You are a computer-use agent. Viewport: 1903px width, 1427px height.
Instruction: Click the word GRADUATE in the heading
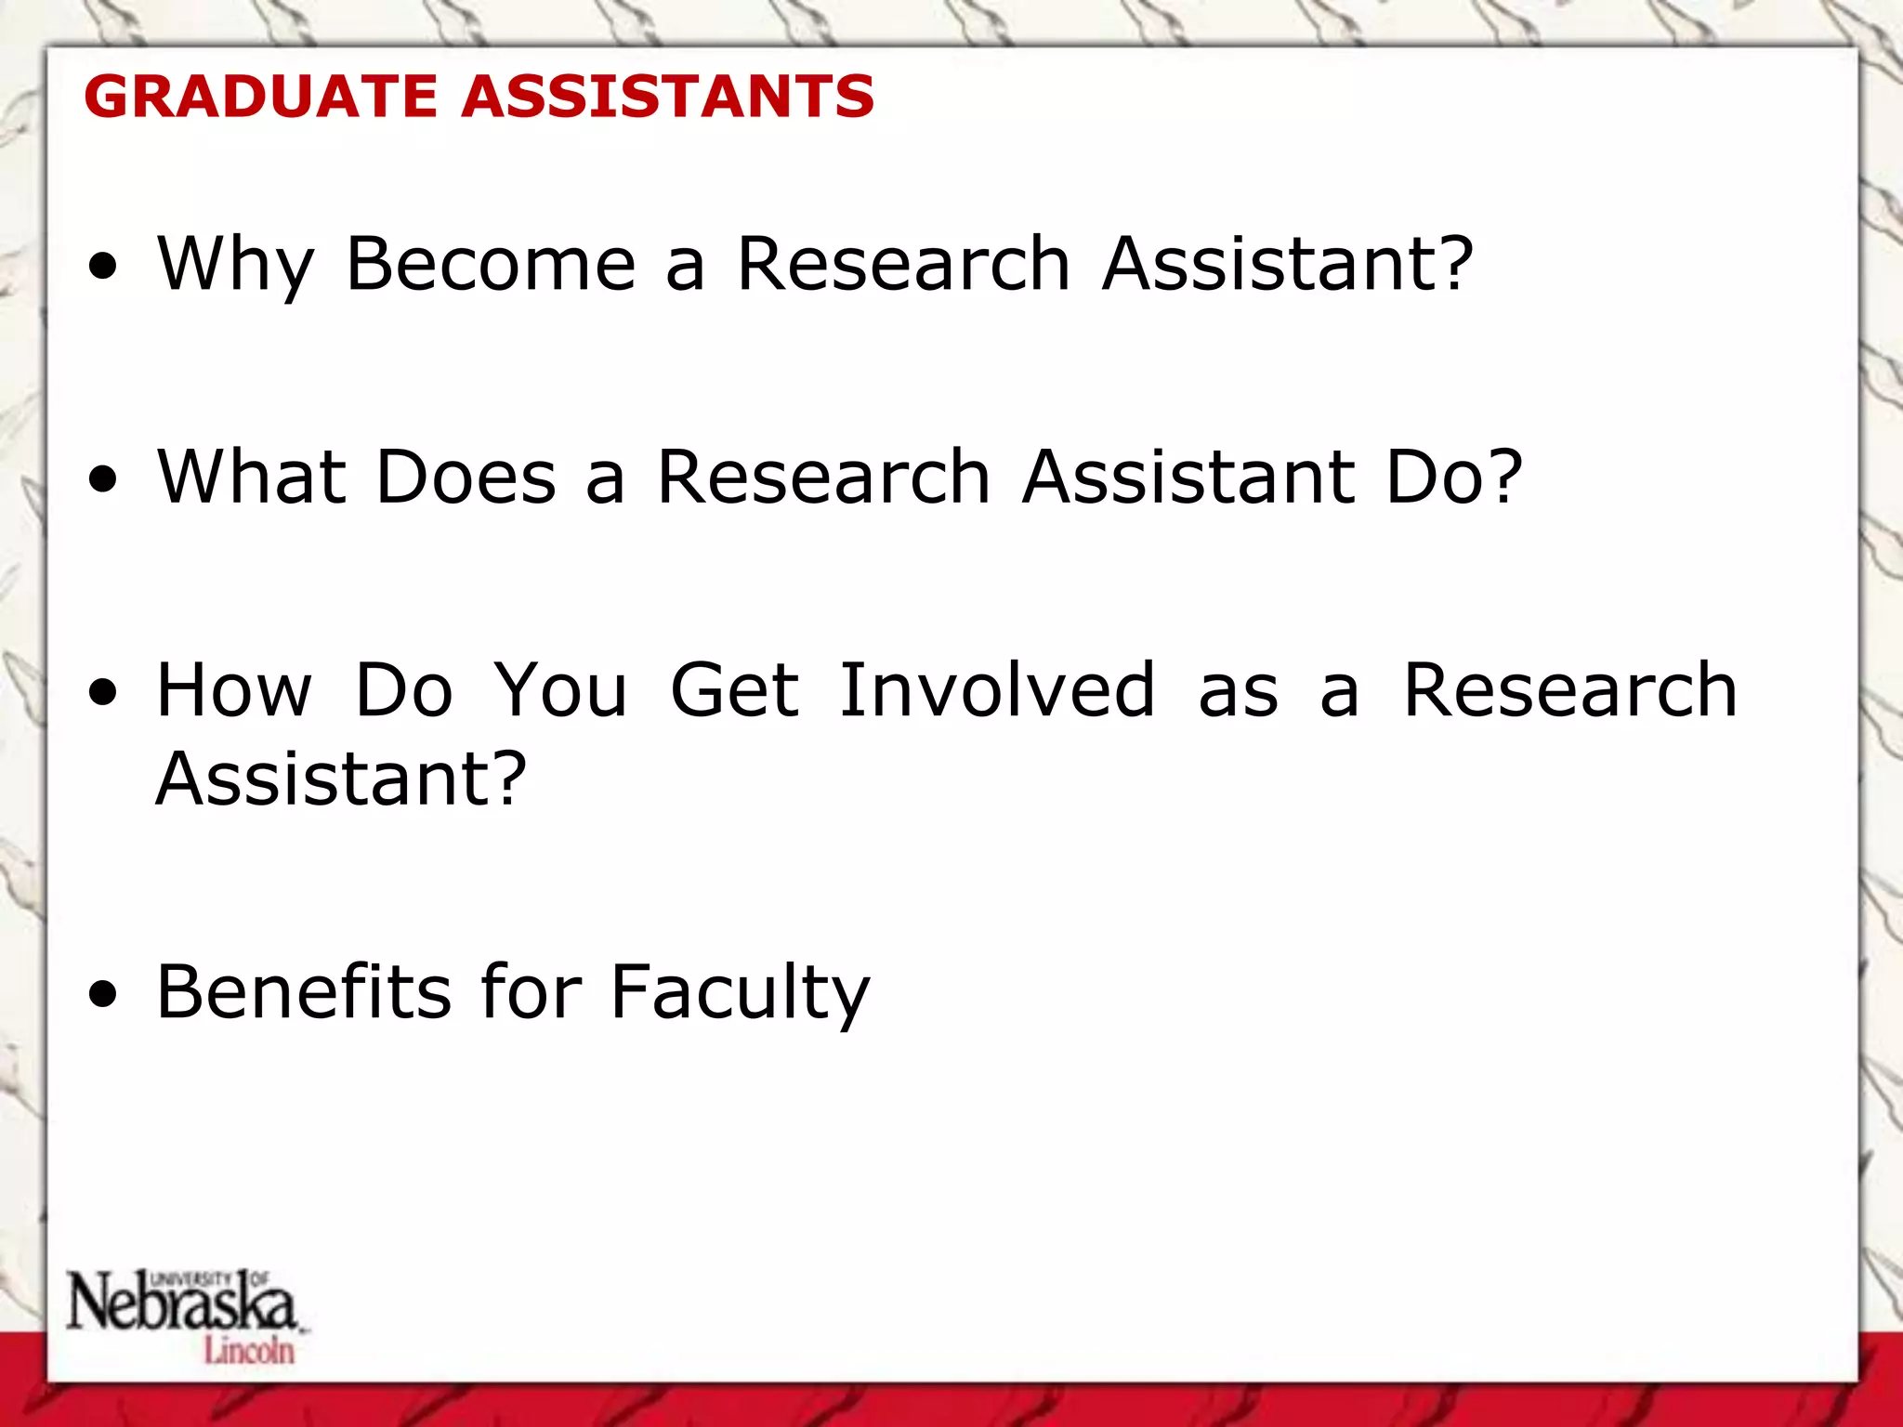pos(260,97)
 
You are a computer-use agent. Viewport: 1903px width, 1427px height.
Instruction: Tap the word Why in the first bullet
pos(236,265)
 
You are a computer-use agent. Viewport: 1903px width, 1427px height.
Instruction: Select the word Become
pos(491,265)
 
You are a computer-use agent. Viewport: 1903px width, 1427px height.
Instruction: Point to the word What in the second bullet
pos(250,478)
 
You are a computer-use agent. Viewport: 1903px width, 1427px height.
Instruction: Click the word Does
pos(466,478)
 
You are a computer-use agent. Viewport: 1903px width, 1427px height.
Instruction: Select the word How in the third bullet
pos(234,691)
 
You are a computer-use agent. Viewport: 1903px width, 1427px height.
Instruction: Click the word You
pos(560,691)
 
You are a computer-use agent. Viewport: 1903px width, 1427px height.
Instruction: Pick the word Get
pos(734,691)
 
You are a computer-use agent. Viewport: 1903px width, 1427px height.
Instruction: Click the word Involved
pos(997,691)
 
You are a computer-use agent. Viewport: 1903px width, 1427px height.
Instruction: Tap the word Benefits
pos(304,993)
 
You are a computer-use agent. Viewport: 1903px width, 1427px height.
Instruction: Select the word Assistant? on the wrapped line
pos(341,779)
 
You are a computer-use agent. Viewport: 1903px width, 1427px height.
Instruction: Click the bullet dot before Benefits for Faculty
pos(104,995)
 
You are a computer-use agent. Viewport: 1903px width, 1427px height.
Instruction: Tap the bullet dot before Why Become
pos(104,268)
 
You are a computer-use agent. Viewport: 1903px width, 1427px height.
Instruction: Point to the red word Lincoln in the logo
pos(249,1350)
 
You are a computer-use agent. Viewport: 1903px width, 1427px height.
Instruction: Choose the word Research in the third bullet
pos(1569,691)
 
